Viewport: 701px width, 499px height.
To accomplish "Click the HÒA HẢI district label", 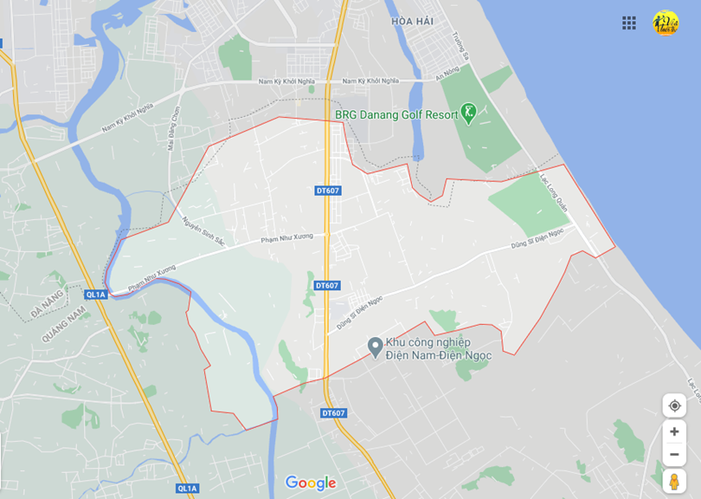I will pos(412,21).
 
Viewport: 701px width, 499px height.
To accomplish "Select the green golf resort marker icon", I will pos(468,113).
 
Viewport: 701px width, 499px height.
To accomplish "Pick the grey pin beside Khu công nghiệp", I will pos(375,347).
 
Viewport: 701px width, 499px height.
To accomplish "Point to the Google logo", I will pos(311,483).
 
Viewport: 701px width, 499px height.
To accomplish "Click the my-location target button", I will pos(674,405).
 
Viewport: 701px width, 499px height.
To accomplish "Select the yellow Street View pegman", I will pos(674,481).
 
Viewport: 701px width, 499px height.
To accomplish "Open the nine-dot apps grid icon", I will pos(629,23).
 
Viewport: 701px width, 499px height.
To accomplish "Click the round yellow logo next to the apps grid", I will pos(665,23).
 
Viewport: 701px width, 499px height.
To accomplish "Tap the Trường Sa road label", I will pos(455,42).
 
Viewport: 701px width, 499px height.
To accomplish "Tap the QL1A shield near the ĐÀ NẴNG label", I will pos(95,295).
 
